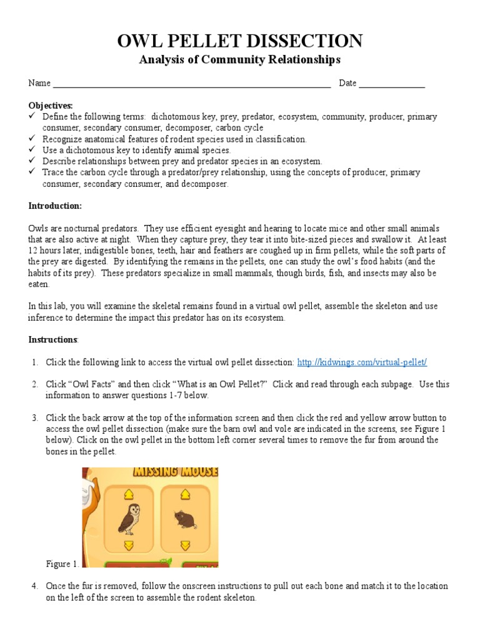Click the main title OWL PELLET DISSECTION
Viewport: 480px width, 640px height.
pos(240,41)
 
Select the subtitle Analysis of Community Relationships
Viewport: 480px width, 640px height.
pos(240,60)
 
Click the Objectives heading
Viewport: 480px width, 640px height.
pos(51,106)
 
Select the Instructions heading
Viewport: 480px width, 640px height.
pos(53,339)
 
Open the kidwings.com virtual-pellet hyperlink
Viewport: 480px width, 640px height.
pos(362,362)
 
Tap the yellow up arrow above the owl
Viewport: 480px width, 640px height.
pos(128,494)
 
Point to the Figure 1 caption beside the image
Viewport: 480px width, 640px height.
pos(62,564)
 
